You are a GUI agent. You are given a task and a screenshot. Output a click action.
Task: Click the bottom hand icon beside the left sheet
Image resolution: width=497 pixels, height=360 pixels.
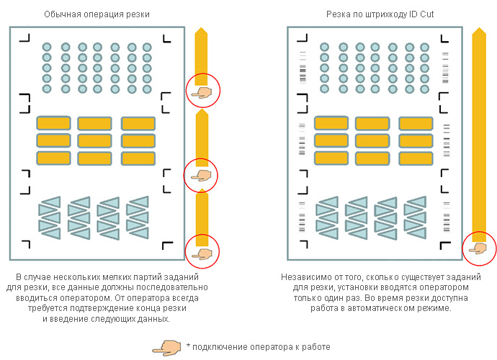199,251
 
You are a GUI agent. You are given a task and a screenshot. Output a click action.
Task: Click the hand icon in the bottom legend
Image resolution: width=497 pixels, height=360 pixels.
167,346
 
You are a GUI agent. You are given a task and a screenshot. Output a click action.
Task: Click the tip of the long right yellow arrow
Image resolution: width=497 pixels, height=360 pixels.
478,32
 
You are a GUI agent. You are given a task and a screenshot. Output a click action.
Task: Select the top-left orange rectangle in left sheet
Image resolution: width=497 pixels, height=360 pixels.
53,123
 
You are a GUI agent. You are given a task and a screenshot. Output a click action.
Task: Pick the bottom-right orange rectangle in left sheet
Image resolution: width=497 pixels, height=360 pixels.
138,157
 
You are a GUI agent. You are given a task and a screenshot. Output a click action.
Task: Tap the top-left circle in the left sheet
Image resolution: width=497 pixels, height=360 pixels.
48,47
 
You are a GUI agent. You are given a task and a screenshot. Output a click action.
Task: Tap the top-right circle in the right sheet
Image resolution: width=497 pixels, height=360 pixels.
424,47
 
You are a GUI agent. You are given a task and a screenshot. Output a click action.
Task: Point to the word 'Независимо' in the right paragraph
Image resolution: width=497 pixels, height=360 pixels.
303,277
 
